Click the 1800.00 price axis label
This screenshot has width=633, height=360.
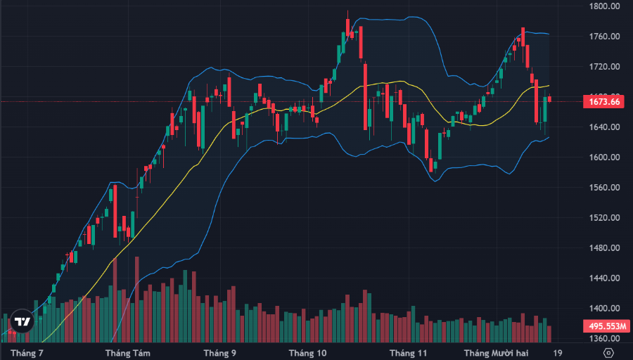605,6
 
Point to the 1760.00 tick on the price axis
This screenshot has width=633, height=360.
605,37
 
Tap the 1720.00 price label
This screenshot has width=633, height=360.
605,67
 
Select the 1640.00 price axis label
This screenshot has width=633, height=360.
605,127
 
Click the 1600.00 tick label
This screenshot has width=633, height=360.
605,157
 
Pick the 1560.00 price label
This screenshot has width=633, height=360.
605,188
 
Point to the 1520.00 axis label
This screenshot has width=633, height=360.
605,218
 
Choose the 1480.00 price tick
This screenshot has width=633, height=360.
605,248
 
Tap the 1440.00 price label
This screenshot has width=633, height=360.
605,278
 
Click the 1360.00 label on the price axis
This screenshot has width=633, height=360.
605,339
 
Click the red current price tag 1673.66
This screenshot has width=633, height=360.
604,102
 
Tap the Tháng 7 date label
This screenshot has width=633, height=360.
27,352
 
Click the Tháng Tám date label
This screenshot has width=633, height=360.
127,352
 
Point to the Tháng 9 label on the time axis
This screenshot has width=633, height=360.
219,352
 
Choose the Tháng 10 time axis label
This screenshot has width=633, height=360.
307,352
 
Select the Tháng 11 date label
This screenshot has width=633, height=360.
409,352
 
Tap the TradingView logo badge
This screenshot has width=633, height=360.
23,321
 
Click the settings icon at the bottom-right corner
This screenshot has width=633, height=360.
608,352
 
